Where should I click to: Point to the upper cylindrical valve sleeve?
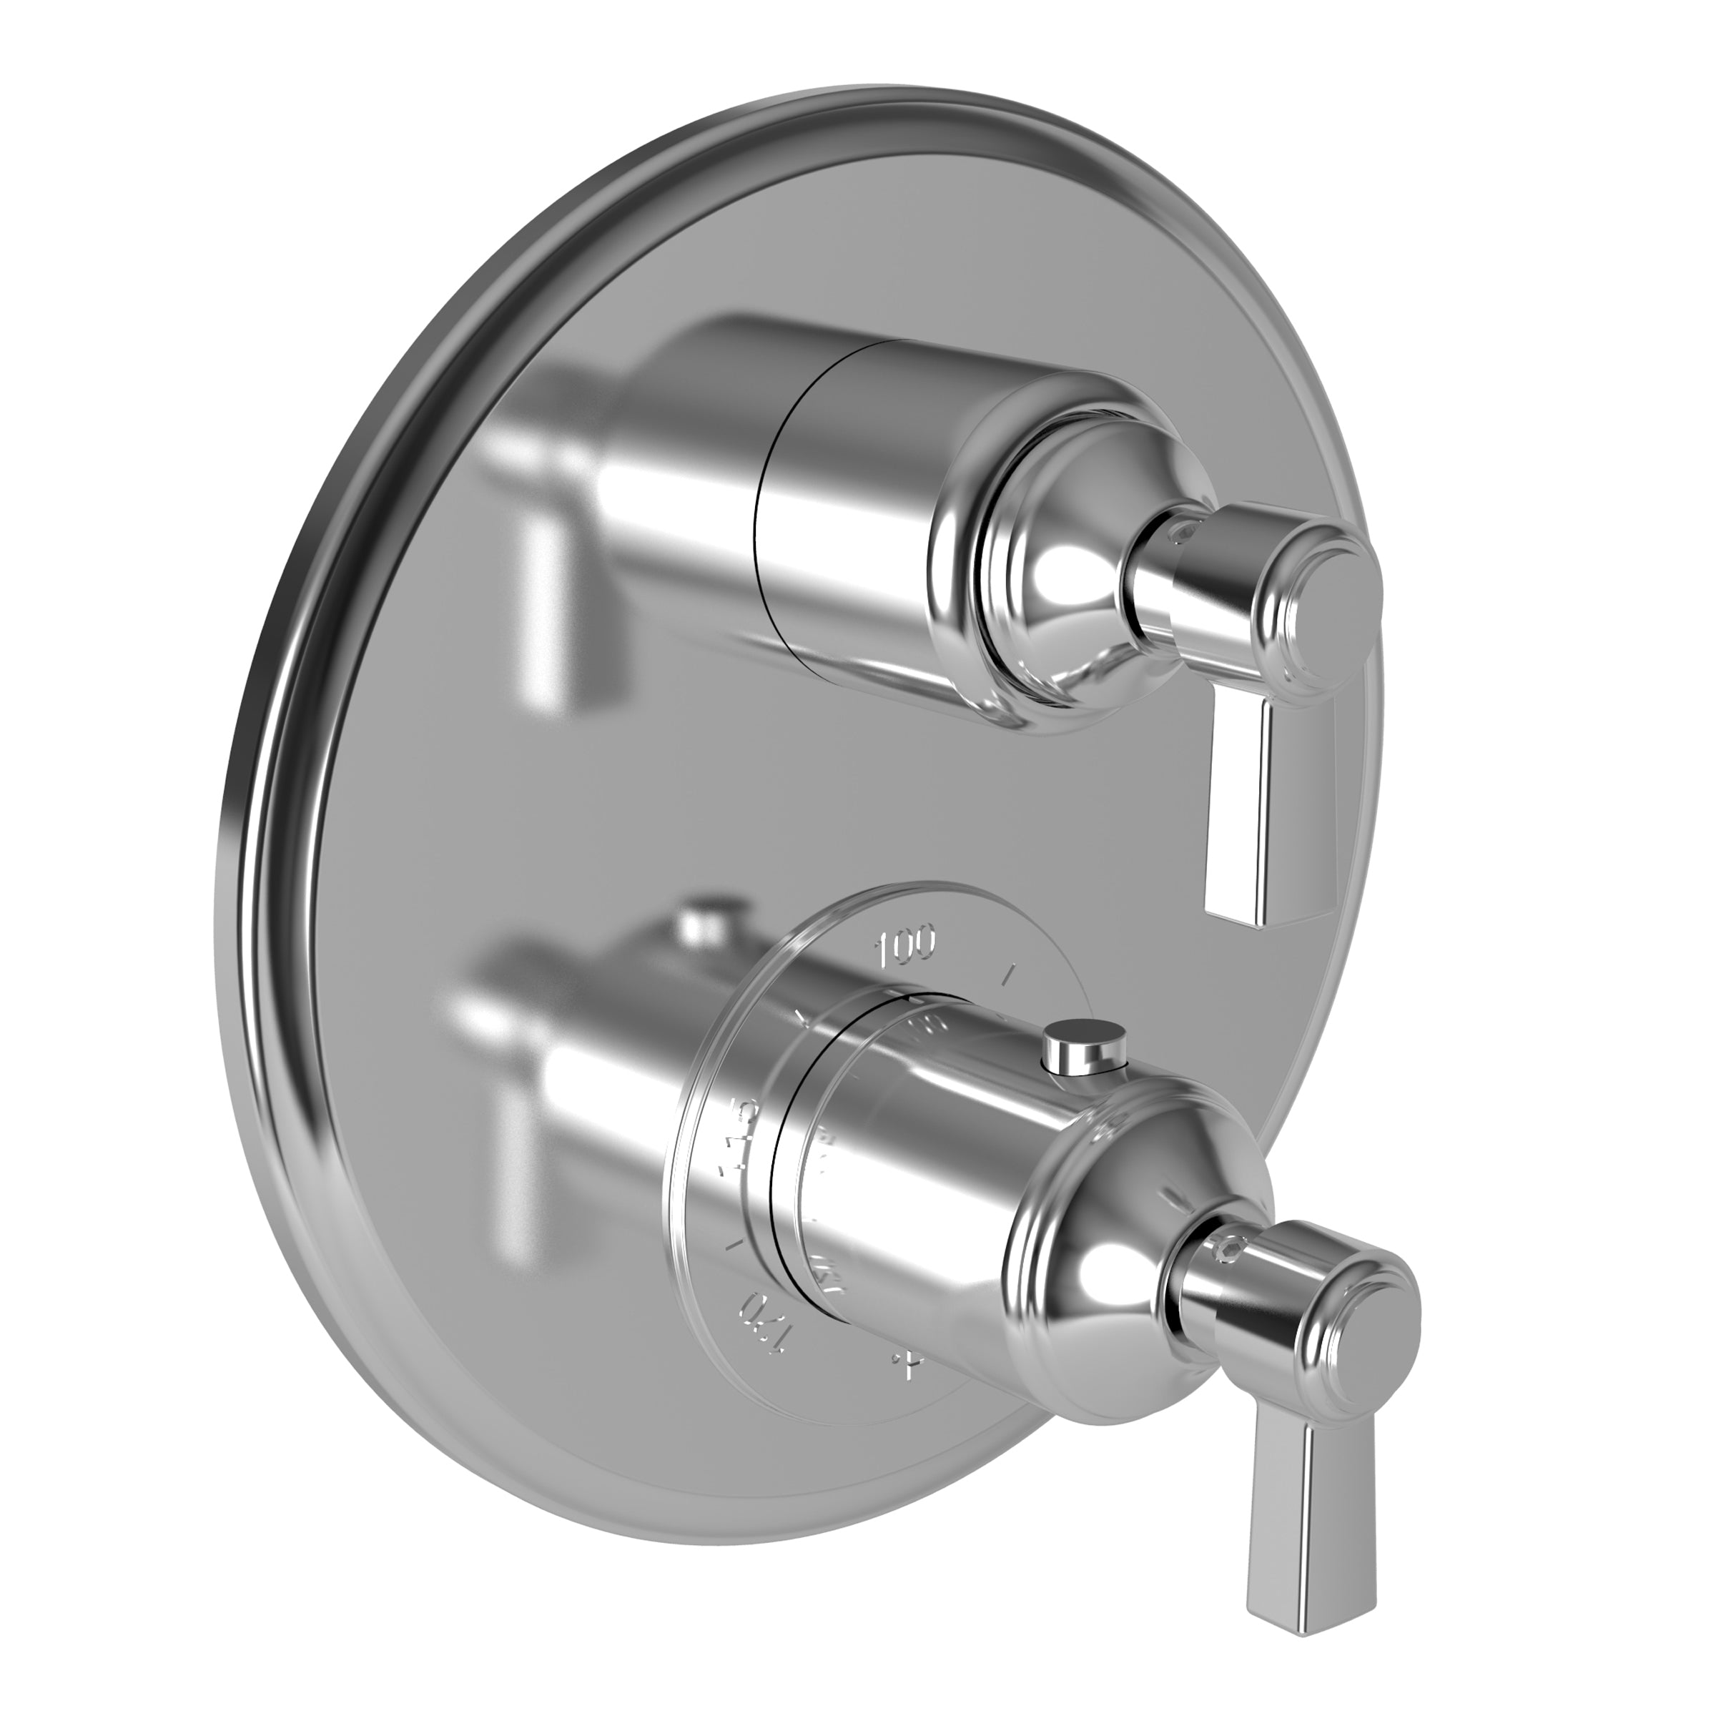(x=853, y=524)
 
